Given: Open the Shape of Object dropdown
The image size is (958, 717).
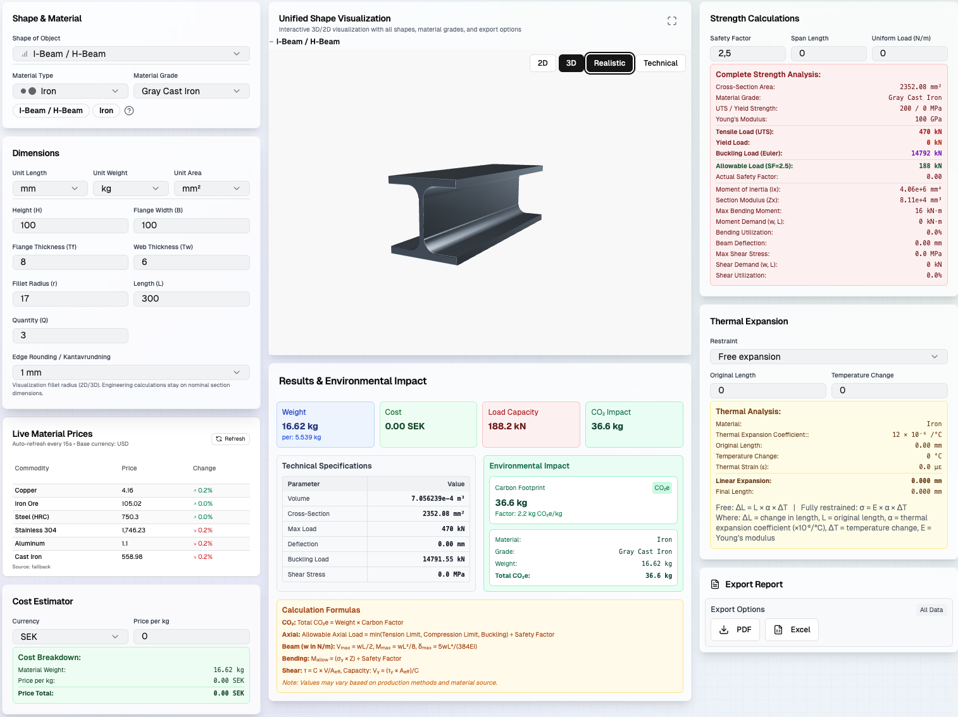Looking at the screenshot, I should coord(130,54).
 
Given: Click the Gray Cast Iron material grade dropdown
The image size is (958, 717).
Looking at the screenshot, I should coord(191,91).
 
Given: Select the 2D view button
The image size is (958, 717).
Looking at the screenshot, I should coord(542,63).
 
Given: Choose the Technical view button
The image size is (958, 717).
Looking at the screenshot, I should coord(660,63).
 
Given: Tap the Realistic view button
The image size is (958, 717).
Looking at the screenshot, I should coord(609,63).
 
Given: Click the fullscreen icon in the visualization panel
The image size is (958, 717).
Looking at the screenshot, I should coord(672,21).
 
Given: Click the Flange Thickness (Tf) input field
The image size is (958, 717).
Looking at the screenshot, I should coord(70,262).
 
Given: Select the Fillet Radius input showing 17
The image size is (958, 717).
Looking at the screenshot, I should coord(70,298).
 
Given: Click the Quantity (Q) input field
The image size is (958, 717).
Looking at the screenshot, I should coord(70,335).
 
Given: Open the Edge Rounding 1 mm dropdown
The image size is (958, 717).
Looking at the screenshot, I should coord(130,372).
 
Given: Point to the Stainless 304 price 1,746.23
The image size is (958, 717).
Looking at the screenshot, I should coord(134,530).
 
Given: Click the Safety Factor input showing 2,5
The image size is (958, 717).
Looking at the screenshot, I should coord(747,54).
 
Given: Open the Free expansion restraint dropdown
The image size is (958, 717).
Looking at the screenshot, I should coord(828,357).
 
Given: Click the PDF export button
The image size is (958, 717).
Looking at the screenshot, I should coord(736,630).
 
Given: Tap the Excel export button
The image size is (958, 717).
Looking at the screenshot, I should coord(792,630).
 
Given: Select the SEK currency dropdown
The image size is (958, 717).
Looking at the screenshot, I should coord(66,637).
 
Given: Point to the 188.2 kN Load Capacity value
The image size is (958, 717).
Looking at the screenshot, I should coord(507,426).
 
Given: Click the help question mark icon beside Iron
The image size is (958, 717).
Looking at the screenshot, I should coord(129,111).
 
